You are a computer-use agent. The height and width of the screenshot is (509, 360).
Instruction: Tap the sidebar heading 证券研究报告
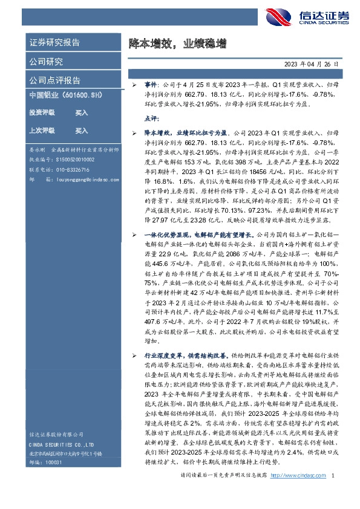[x=54, y=43]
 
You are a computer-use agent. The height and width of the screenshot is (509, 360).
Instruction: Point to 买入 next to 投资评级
[x=81, y=113]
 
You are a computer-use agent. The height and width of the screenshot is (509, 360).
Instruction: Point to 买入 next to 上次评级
[x=81, y=131]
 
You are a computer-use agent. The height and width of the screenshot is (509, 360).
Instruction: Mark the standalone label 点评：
[x=151, y=119]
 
